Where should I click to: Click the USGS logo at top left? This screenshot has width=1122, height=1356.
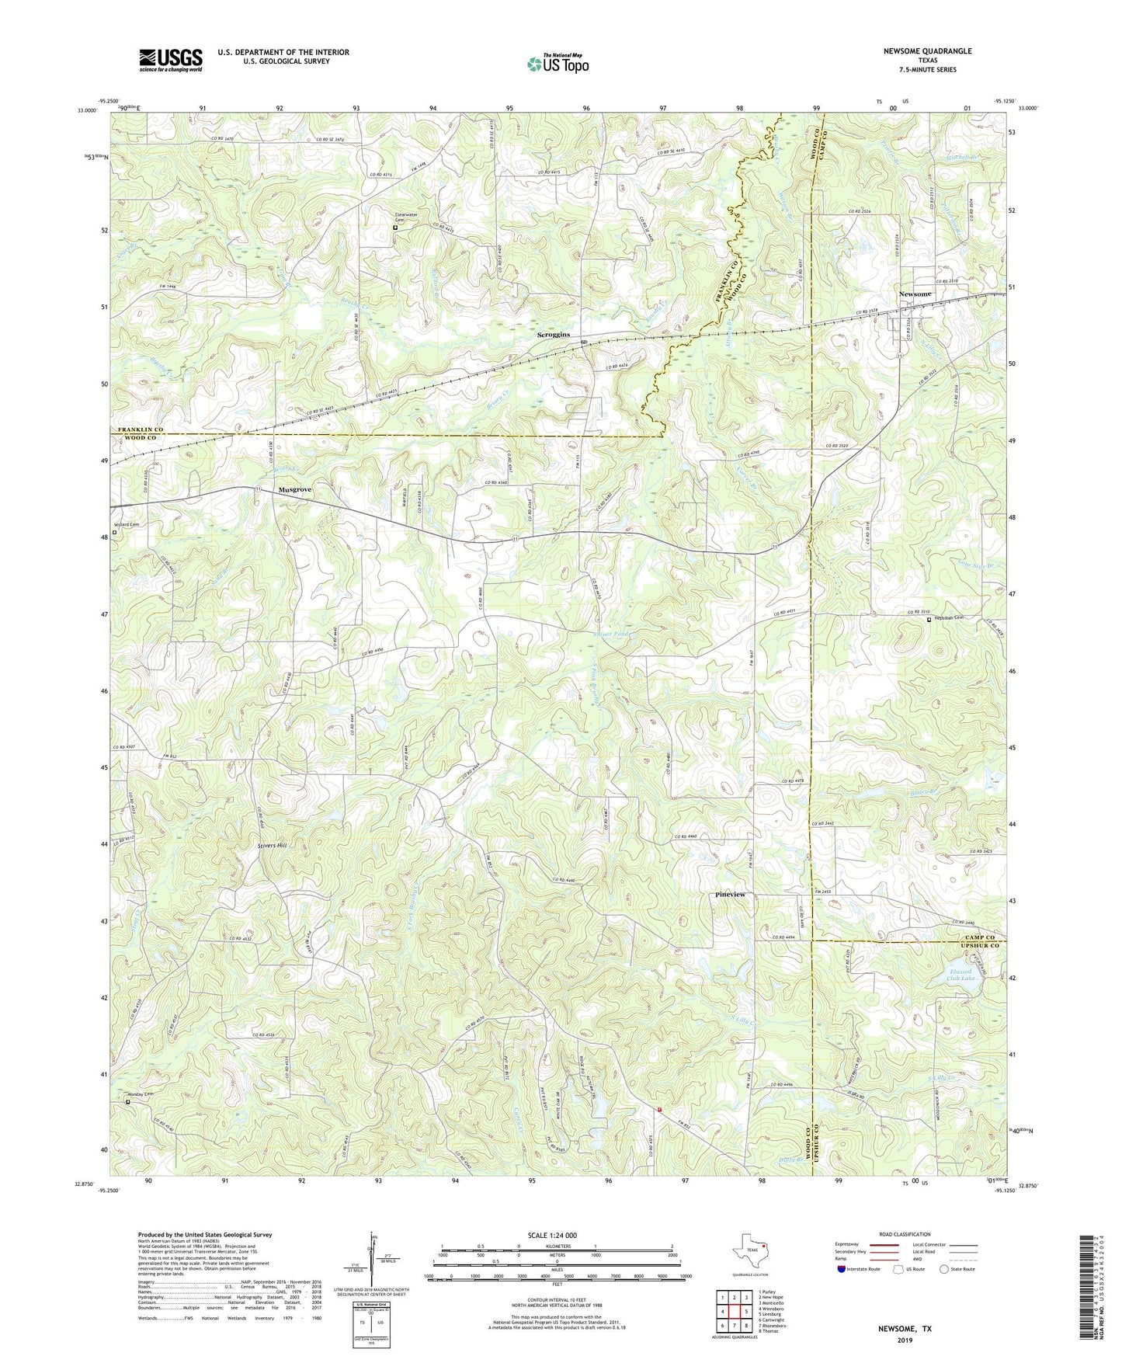tap(170, 60)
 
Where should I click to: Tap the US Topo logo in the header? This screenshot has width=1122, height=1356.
tap(558, 64)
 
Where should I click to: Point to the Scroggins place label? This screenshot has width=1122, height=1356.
tap(554, 335)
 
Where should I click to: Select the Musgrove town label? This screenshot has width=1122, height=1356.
tap(295, 490)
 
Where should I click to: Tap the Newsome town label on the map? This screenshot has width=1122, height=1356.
tap(914, 294)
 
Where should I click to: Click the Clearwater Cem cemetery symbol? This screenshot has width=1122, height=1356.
tap(395, 228)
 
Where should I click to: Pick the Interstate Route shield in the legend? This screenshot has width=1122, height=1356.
tap(842, 1269)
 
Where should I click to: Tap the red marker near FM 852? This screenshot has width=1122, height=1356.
tap(659, 1110)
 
